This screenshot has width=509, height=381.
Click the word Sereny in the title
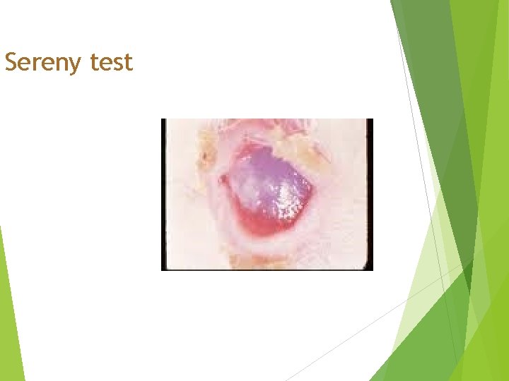tap(44, 63)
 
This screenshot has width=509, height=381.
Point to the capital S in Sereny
tap(11, 63)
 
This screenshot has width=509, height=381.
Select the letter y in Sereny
tap(78, 65)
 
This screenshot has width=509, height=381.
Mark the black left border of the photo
tap(163, 194)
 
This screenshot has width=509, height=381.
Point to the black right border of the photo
tap(370, 194)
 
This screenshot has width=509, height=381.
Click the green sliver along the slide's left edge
tap(8, 310)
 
